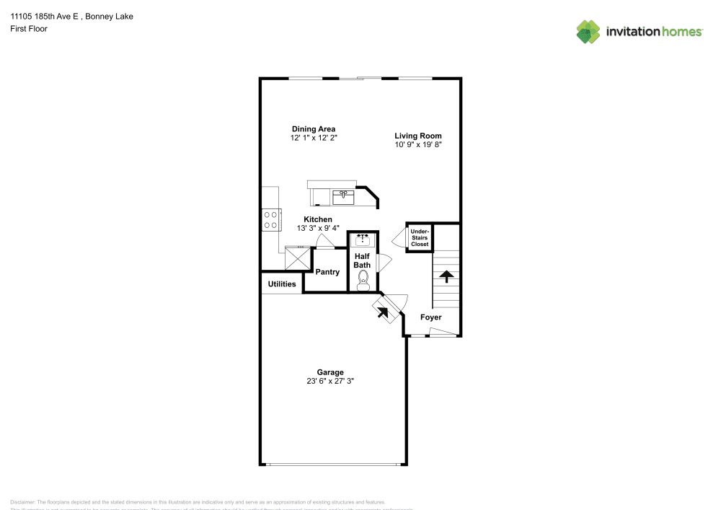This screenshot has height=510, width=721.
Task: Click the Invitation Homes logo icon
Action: [x=588, y=32]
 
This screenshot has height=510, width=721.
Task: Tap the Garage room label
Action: [x=329, y=372]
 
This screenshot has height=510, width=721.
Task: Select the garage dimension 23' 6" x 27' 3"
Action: [x=329, y=382]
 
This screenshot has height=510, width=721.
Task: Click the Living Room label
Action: [x=417, y=136]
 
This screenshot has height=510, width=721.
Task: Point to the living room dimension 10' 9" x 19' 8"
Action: [x=417, y=145]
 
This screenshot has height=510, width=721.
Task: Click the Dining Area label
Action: [x=313, y=129]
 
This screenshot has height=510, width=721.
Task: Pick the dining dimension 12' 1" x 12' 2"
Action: [x=313, y=138]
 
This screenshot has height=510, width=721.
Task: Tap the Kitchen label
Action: [x=317, y=219]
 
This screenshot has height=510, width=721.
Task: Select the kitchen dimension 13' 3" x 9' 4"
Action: [x=317, y=228]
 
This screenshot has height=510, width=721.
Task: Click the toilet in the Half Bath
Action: [x=363, y=280]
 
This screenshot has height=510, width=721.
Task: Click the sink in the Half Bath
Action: [x=362, y=239]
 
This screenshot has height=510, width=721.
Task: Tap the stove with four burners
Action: [x=271, y=219]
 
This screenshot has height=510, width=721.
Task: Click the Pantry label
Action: [x=327, y=272]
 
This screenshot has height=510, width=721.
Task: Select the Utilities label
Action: [x=282, y=284]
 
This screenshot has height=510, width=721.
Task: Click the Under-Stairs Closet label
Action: [x=420, y=238]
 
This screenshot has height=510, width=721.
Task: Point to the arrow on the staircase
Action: [x=446, y=276]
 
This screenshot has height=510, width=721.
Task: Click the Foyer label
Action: [x=431, y=317]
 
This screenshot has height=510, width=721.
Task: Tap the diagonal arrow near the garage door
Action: [x=382, y=312]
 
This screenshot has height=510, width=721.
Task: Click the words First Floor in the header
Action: [x=29, y=29]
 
